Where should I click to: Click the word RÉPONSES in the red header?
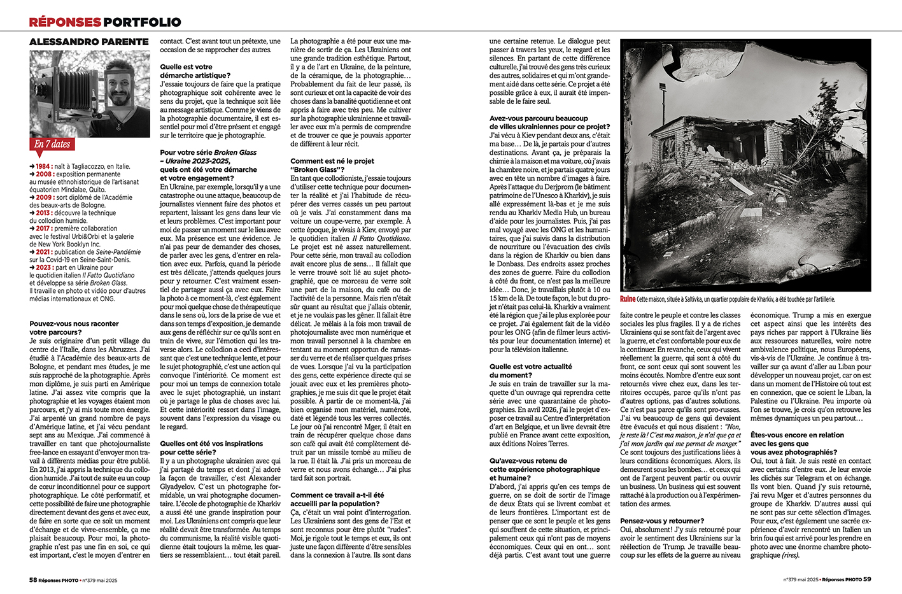click(65, 22)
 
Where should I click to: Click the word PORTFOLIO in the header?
click(142, 22)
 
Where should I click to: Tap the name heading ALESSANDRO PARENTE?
click(89, 42)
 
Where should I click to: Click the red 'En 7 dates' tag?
click(52, 145)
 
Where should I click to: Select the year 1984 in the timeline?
click(43, 166)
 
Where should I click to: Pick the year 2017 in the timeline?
click(43, 229)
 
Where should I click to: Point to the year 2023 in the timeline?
click(43, 267)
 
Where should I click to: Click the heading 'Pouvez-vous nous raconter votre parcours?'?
click(74, 328)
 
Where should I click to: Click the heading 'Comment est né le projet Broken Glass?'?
click(332, 166)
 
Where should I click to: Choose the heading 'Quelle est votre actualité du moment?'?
click(530, 371)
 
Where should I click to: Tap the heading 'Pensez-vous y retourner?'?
click(662, 521)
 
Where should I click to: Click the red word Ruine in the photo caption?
click(628, 299)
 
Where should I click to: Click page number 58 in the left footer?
click(33, 580)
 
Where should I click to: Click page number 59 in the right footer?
click(867, 579)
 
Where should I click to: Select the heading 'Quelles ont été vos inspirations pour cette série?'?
click(211, 448)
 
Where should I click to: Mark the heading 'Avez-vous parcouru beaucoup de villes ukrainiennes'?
click(549, 122)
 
